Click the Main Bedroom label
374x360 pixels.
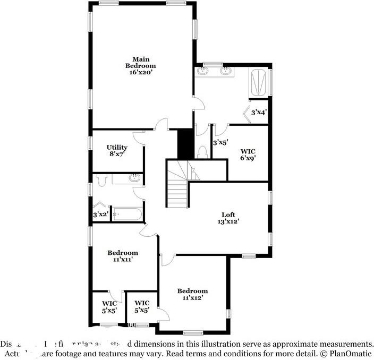coord(141,62)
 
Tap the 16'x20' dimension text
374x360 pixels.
coord(141,72)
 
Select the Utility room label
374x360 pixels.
coord(117,147)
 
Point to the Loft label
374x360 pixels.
coord(228,215)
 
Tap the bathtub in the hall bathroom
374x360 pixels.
coord(127,215)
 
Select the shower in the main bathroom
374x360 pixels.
coord(260,82)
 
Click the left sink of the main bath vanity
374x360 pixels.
coord(203,71)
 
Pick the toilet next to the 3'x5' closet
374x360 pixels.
coord(201,152)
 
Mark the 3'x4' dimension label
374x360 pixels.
coord(259,113)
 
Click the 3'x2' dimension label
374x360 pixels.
coord(101,215)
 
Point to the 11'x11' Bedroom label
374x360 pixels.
coord(123,253)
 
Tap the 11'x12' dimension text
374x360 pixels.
coord(192,298)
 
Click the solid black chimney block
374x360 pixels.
coord(184,143)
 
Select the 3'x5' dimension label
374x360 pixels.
coord(220,142)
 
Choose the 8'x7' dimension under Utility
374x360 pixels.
coord(117,154)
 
